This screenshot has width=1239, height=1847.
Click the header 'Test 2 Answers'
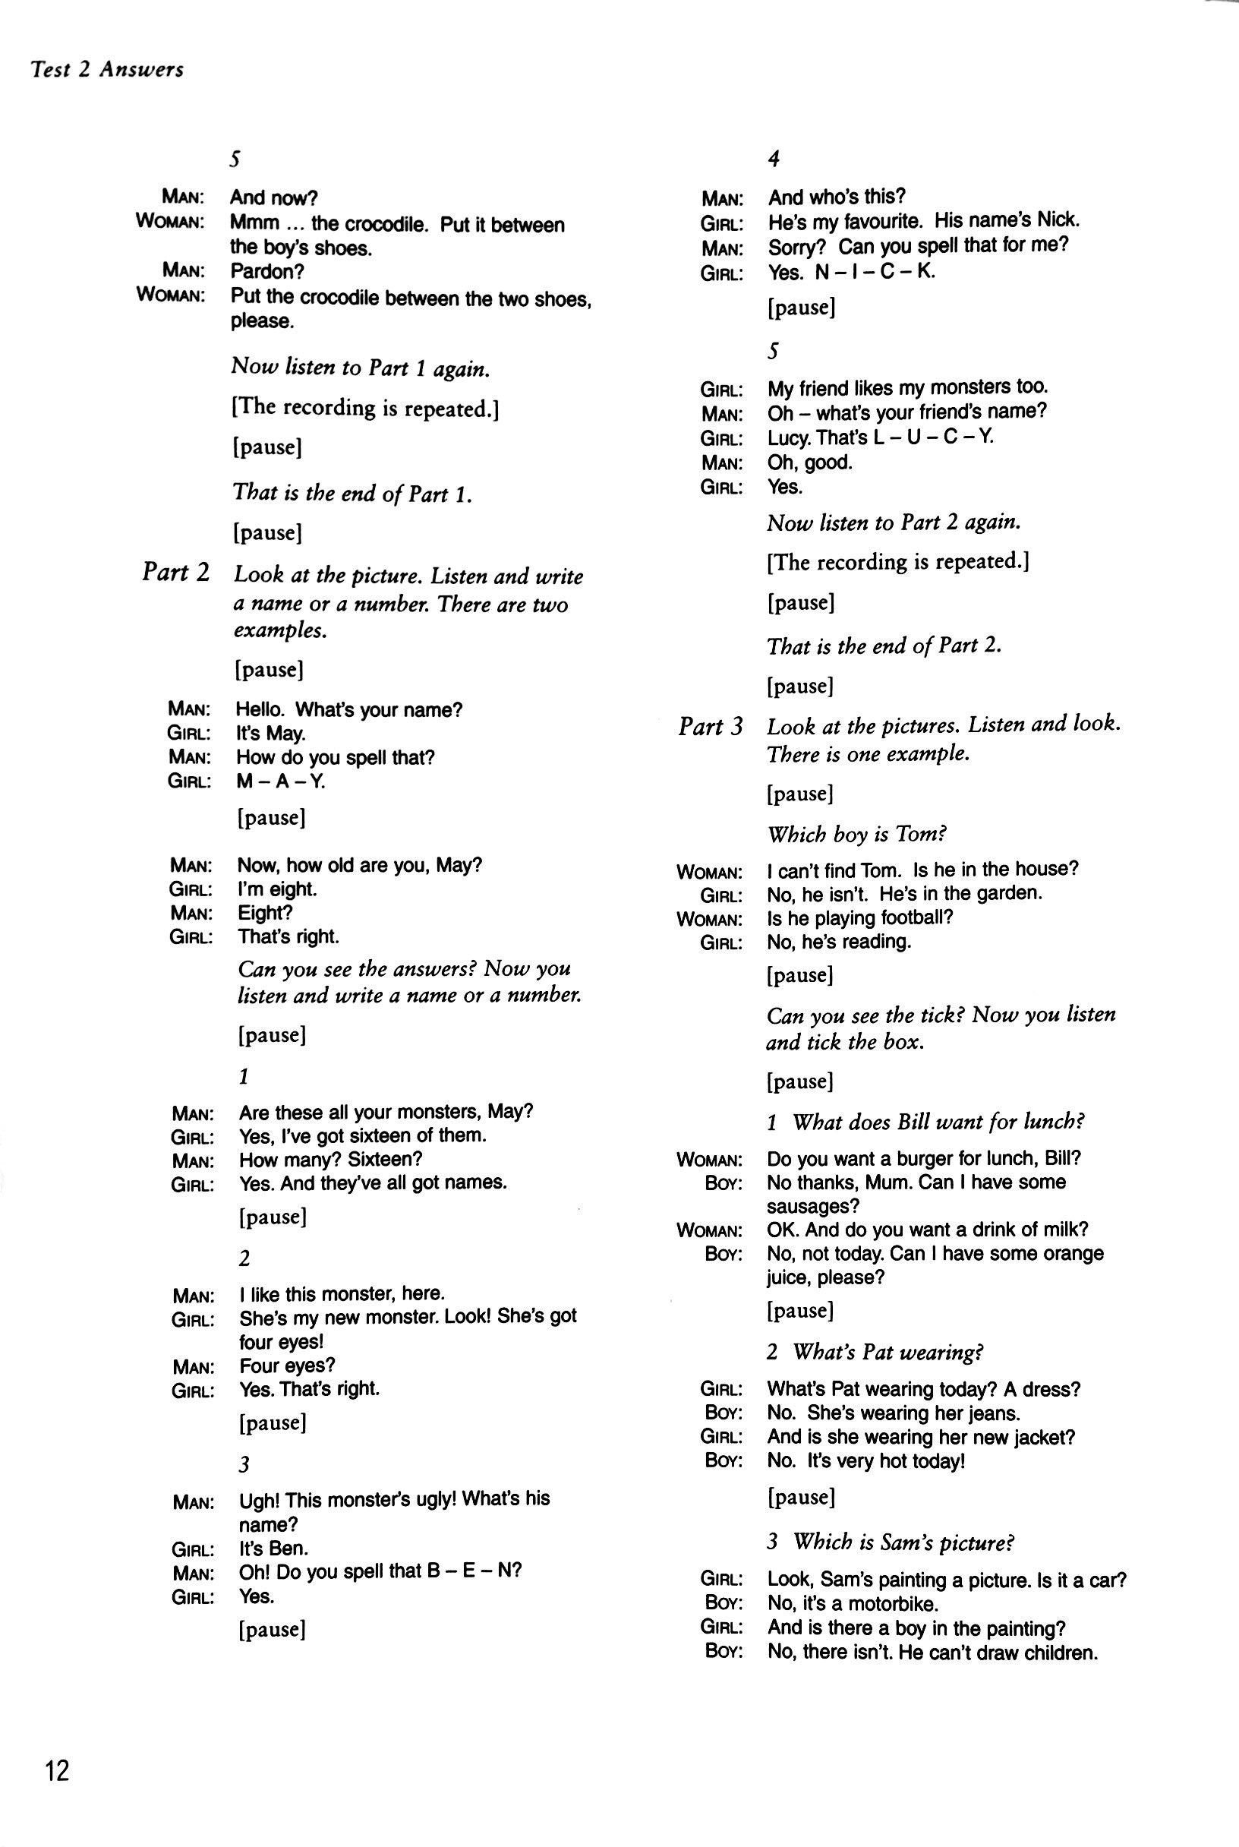107,71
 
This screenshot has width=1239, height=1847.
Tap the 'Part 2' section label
175,571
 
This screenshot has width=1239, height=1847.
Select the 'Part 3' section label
711,726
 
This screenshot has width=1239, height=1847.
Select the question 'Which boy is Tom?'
856,834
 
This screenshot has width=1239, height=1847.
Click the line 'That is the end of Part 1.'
352,493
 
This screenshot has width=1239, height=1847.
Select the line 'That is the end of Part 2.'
884,646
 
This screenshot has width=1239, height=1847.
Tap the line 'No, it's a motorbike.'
853,1605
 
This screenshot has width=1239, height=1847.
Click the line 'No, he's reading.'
838,941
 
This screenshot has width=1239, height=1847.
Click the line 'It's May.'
270,734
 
